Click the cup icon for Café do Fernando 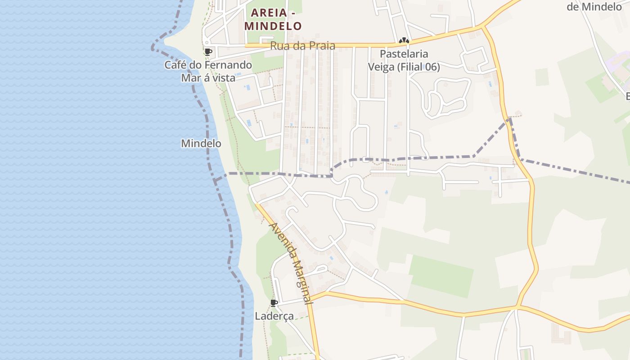point(208,52)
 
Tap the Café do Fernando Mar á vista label point(208,71)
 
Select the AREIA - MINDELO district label point(273,19)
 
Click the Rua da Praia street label point(302,46)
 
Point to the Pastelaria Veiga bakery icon point(404,41)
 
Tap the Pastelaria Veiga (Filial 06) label point(404,60)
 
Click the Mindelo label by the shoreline point(201,144)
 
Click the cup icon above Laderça point(274,303)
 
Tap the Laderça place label point(274,316)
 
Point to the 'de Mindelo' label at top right point(594,6)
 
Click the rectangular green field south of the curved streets point(441,276)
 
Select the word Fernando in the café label point(228,65)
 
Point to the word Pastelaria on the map point(404,54)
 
